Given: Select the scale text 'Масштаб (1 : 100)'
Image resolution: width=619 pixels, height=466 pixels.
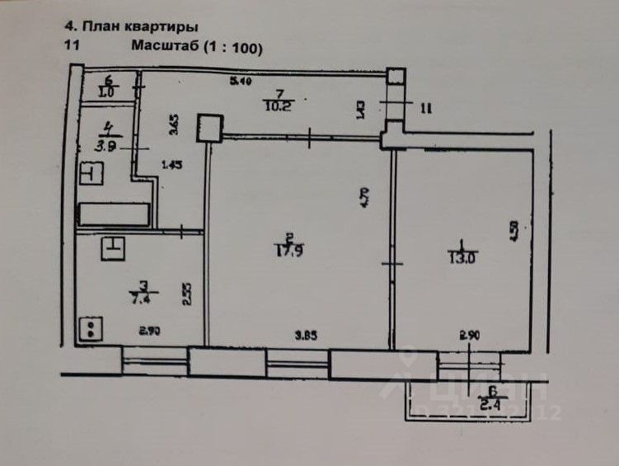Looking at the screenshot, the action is (196, 48).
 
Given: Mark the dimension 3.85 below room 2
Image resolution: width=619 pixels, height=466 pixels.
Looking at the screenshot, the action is (306, 337).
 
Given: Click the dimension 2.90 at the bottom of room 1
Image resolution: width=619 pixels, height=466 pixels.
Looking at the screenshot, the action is (471, 335).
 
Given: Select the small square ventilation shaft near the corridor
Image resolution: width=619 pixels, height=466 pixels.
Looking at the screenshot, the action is (208, 128).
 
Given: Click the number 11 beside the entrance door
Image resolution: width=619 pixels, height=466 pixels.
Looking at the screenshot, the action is (426, 107).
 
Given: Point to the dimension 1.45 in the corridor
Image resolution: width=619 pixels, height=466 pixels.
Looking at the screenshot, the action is (171, 164).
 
